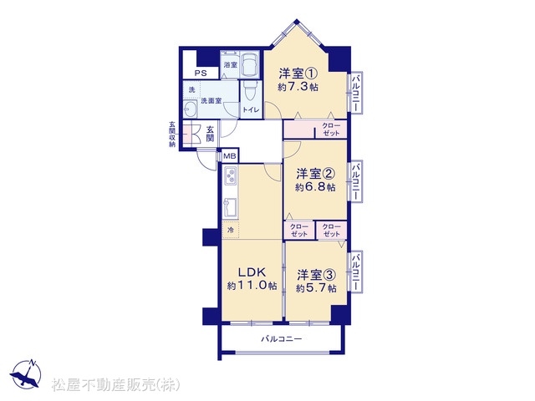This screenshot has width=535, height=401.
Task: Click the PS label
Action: [201, 73]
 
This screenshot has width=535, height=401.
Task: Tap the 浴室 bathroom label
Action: [231, 64]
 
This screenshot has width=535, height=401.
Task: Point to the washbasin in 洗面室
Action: [190, 109]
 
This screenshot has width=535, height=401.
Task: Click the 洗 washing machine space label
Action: [192, 90]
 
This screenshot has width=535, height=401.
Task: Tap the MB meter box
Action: [230, 156]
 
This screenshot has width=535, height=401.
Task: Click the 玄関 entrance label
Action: [210, 134]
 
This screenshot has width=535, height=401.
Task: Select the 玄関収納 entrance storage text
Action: [173, 134]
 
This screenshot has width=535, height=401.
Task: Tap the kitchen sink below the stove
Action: [231, 207]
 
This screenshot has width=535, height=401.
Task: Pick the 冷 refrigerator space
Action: [231, 230]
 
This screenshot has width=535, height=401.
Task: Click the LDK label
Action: [252, 272]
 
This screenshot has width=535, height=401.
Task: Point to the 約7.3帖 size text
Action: [298, 87]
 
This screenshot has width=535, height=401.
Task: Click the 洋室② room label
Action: [316, 174]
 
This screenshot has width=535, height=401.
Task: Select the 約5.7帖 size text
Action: [316, 288]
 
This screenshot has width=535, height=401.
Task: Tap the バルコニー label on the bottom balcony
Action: [282, 339]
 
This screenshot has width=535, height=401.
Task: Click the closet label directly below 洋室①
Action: [331, 129]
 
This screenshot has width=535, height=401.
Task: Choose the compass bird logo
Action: [26, 375]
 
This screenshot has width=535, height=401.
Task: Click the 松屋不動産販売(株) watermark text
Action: [115, 385]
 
